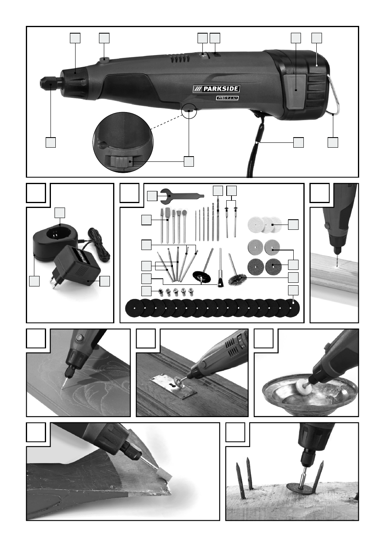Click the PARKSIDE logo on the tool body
coord(216,89)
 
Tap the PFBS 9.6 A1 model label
coord(227,98)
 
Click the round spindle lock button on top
coord(104,59)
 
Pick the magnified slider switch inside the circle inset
coord(119,161)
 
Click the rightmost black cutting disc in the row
coord(291,308)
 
